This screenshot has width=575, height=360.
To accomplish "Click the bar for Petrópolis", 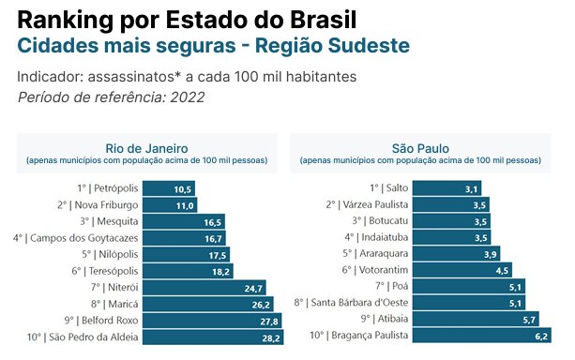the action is click(x=169, y=188).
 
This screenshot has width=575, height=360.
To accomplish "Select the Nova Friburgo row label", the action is click(x=98, y=205).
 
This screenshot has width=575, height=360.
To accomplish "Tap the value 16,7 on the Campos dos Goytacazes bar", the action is click(x=214, y=239).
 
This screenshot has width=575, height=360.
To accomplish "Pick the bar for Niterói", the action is click(x=204, y=288).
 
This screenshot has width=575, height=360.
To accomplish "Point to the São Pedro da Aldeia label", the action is click(x=83, y=337).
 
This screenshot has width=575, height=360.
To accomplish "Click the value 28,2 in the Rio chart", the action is click(x=271, y=338).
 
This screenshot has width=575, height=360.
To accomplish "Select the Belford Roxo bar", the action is click(x=212, y=321).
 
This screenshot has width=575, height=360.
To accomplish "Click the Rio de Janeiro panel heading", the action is click(x=146, y=148).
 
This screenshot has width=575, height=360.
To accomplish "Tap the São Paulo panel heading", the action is click(x=420, y=148).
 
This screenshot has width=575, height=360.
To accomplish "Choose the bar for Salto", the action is click(x=446, y=188).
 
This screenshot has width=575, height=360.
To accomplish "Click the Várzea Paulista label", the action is click(x=367, y=204).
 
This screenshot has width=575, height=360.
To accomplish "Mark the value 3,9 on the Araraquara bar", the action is click(x=491, y=254).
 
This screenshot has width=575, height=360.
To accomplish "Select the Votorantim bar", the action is click(x=462, y=270).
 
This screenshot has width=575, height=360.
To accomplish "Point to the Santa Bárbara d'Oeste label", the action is click(x=351, y=303).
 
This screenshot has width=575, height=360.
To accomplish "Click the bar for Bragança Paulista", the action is click(x=482, y=336).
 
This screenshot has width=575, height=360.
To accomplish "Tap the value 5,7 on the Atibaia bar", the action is click(x=529, y=320).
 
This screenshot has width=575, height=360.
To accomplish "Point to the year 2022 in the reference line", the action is click(x=188, y=97).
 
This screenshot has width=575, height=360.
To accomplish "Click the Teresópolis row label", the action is click(x=105, y=271).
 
